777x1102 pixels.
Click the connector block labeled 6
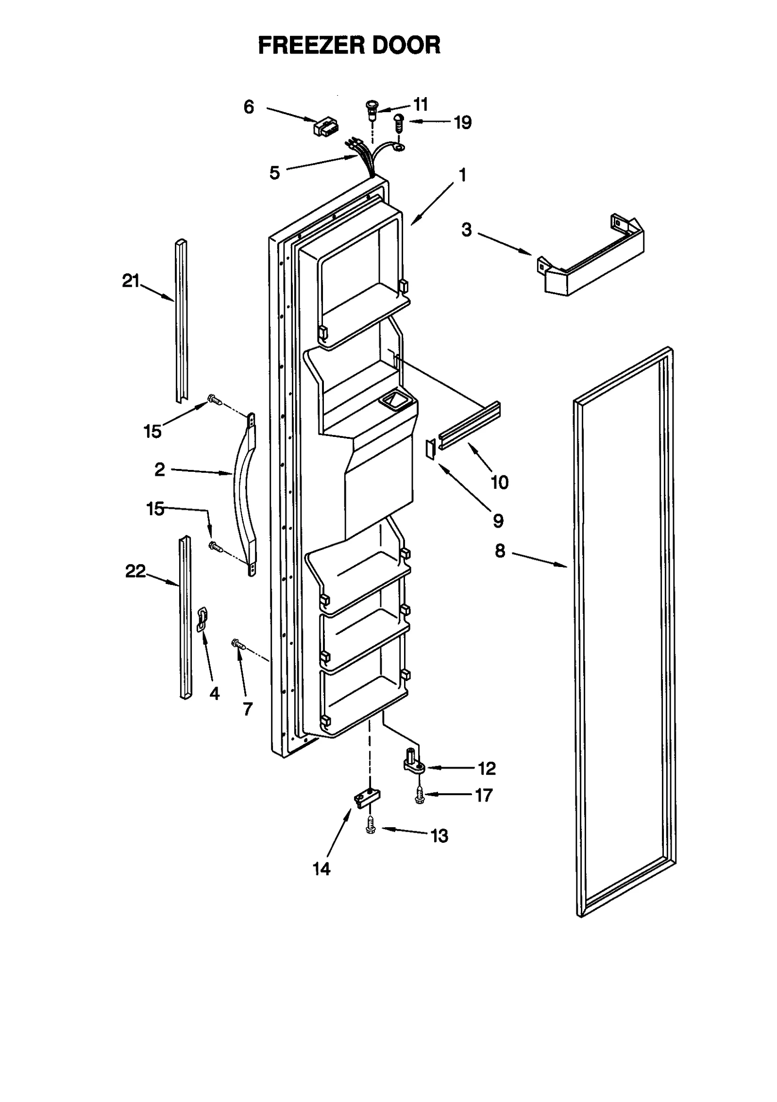(325, 127)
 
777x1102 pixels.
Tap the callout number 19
(462, 122)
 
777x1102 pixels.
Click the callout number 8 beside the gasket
(500, 551)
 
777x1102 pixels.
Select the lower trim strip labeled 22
(185, 617)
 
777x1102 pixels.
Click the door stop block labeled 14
(367, 797)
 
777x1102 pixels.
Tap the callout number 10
(500, 482)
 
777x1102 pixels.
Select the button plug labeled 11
(372, 111)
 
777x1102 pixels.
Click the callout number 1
(463, 175)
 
